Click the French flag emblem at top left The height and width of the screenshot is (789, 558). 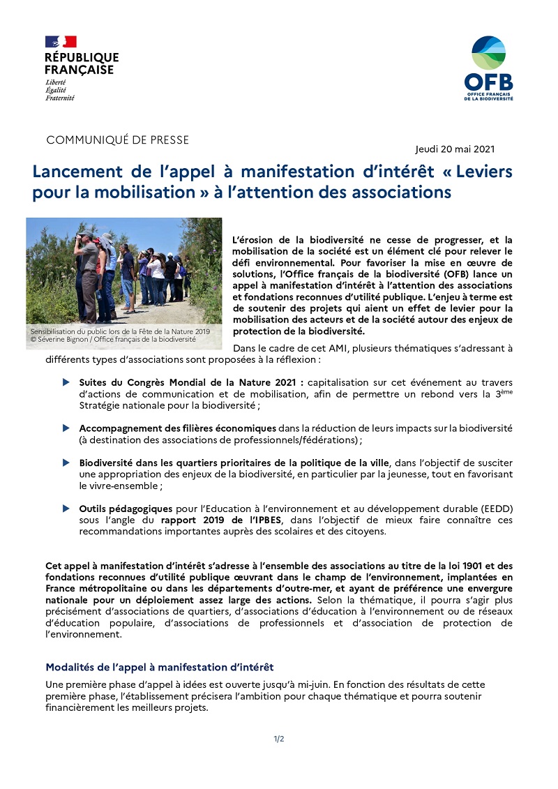click(x=61, y=41)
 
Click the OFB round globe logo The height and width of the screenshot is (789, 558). click(x=489, y=53)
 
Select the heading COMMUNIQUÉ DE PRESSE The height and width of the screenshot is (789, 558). click(x=117, y=140)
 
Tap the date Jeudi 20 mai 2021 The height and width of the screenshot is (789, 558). click(x=455, y=149)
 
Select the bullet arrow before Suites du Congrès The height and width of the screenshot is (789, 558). click(x=66, y=382)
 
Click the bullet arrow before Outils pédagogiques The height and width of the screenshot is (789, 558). click(x=66, y=509)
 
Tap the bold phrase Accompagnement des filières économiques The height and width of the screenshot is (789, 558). click(x=177, y=428)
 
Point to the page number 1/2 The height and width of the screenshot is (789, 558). click(x=279, y=739)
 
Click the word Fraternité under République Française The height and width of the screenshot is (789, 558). click(x=59, y=98)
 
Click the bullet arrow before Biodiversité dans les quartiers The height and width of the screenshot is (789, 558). click(x=66, y=463)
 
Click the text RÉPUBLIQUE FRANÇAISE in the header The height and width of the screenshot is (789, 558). click(x=82, y=63)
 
